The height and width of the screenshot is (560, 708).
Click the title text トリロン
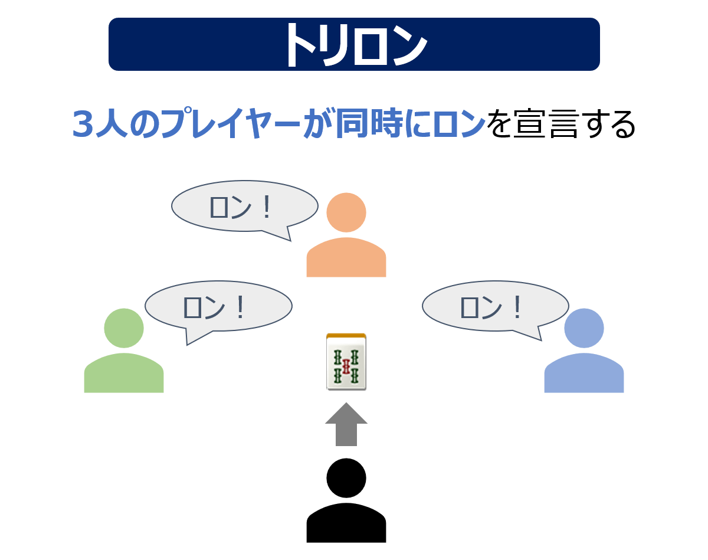pos(354,45)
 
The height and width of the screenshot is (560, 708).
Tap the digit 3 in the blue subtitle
pos(84,125)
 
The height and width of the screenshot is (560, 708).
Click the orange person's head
pos(346,212)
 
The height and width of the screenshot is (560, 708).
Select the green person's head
pos(124,328)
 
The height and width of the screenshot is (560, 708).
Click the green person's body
pos(124,374)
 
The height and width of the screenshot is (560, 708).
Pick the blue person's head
pos(584,328)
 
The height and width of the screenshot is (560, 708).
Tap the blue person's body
pos(584,374)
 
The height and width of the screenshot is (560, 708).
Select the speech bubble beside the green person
pos(218,306)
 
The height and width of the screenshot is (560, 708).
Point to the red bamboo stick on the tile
pos(346,366)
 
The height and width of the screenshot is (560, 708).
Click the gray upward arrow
pos(346,424)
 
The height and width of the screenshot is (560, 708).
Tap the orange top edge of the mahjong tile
pos(346,335)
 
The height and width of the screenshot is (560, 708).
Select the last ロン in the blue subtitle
pos(460,125)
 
